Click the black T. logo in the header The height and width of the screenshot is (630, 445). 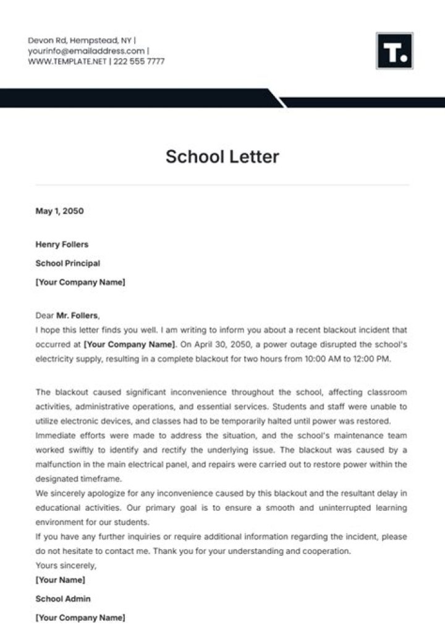click(x=394, y=51)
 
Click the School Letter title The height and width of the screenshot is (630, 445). click(x=222, y=156)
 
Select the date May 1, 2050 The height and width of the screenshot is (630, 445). click(x=59, y=211)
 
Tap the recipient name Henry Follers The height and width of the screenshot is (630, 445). click(x=62, y=244)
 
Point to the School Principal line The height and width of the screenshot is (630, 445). click(x=68, y=263)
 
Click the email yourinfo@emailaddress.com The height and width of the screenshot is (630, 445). click(x=86, y=51)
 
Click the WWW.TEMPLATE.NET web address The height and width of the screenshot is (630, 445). click(x=67, y=61)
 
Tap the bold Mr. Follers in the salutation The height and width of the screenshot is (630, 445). click(x=77, y=315)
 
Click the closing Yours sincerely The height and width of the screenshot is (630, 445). click(x=66, y=565)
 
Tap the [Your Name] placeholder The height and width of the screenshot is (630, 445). click(x=61, y=580)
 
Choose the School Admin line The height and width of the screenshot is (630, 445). click(x=63, y=598)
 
